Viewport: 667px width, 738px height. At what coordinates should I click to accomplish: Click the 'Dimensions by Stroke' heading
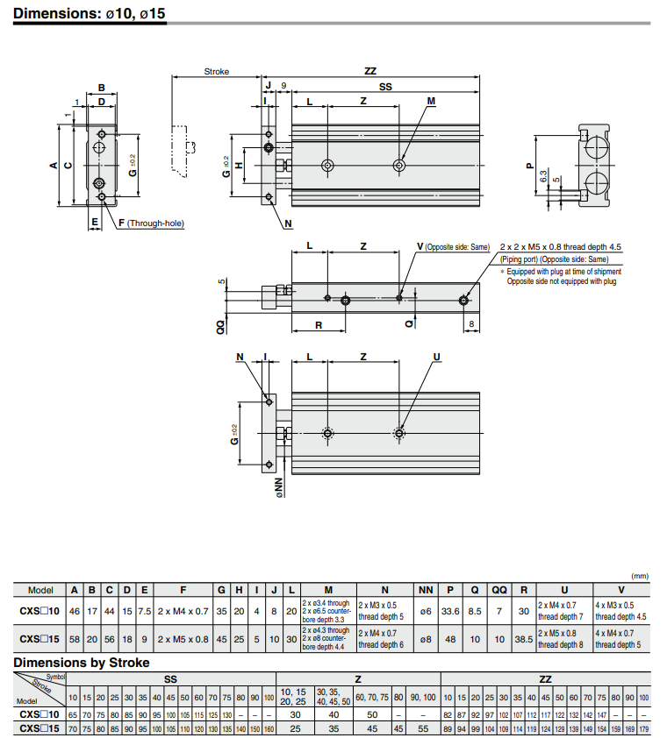click(x=82, y=663)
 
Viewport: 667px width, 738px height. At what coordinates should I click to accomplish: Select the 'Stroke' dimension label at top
click(x=216, y=72)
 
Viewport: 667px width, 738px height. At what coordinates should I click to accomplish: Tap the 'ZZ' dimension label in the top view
click(x=370, y=72)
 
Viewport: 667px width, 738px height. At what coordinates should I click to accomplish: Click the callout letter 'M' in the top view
click(x=431, y=102)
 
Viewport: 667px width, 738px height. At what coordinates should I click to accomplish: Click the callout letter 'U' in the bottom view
click(x=436, y=356)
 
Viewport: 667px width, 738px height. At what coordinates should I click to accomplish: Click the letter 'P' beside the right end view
click(x=529, y=165)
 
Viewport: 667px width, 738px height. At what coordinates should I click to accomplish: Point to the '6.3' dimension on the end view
click(x=545, y=176)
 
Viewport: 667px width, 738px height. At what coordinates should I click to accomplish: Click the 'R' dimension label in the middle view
click(x=318, y=324)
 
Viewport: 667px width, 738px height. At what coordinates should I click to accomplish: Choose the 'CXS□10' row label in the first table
click(x=40, y=610)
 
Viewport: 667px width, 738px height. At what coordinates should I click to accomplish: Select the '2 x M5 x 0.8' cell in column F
click(x=183, y=639)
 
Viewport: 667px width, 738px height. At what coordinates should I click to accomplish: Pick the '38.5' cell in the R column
click(x=523, y=639)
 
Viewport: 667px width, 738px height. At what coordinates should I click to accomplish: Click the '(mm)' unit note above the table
click(x=639, y=576)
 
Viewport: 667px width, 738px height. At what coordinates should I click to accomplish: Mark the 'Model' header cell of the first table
click(x=40, y=590)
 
